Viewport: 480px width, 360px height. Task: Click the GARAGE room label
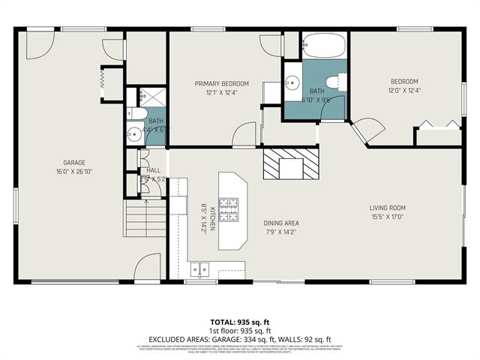(73, 163)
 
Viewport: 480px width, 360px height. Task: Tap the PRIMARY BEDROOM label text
(221, 83)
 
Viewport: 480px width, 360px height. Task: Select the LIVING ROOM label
(387, 208)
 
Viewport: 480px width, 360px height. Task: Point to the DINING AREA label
(281, 223)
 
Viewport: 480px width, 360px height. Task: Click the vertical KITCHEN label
(213, 217)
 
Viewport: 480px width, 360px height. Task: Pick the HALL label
(154, 170)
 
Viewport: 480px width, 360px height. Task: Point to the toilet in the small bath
(135, 114)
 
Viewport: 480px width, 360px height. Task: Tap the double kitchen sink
(199, 269)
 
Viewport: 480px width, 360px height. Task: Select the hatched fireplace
(292, 163)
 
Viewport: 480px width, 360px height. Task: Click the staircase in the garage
(145, 217)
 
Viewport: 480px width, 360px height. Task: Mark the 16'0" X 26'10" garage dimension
(73, 172)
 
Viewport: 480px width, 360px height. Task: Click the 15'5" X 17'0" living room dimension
(387, 217)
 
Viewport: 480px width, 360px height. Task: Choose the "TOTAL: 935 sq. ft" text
(239, 322)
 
